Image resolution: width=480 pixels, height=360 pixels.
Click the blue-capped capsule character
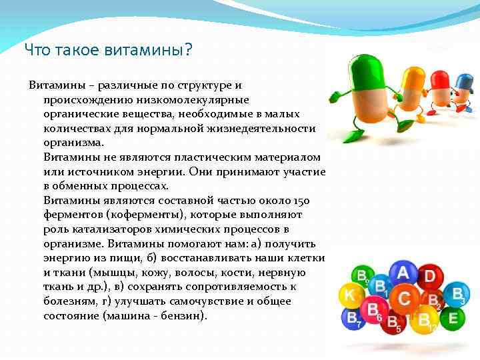click(463, 87)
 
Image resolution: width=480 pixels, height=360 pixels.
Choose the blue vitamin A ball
click(403, 273)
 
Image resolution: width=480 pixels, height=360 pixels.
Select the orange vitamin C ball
click(405, 298)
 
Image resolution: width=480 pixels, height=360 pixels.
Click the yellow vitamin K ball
click(349, 295)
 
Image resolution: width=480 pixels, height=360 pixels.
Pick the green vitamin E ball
click(453, 318)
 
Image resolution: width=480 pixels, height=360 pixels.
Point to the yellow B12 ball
click(425, 321)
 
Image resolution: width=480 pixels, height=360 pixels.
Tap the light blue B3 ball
click(457, 294)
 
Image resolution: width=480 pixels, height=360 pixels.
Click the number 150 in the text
click(301, 201)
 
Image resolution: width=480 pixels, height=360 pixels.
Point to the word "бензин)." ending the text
click(183, 316)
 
